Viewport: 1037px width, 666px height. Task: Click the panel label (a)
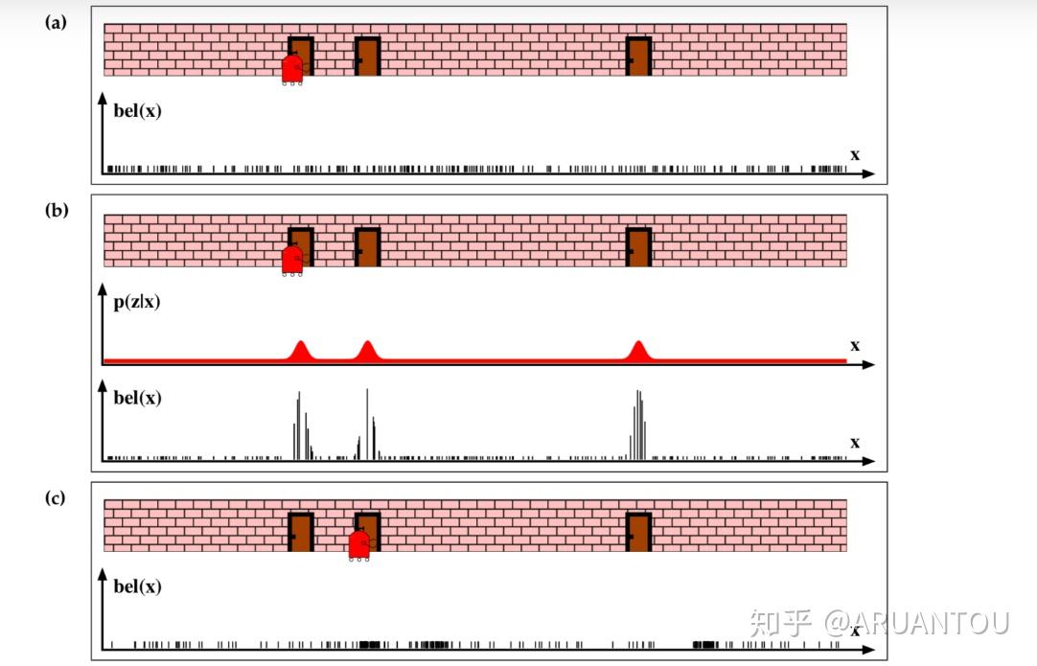[x=56, y=22]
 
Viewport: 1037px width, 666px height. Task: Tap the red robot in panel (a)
[x=292, y=69]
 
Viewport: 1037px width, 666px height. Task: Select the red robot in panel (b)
[x=292, y=260]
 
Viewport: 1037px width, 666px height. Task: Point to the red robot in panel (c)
[x=359, y=544]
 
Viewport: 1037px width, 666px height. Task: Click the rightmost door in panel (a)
[x=638, y=56]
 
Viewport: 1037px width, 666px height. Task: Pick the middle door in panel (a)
[x=367, y=56]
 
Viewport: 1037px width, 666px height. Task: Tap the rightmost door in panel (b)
[x=638, y=246]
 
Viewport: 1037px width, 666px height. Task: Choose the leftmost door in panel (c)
[x=301, y=532]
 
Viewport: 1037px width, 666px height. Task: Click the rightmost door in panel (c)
[x=638, y=532]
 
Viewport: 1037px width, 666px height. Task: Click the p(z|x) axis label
[x=137, y=302]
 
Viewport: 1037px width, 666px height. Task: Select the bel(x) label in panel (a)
[x=137, y=110]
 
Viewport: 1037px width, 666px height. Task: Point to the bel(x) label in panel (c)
[x=137, y=586]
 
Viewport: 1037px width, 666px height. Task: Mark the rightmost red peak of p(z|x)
[x=638, y=351]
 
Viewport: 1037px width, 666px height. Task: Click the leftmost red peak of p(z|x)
[x=301, y=351]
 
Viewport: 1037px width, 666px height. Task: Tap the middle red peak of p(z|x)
[x=367, y=351]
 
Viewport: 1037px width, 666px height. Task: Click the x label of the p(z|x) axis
[x=855, y=345]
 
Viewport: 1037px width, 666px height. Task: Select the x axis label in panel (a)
[x=855, y=154]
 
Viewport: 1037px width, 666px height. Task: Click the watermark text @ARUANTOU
[x=916, y=624]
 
